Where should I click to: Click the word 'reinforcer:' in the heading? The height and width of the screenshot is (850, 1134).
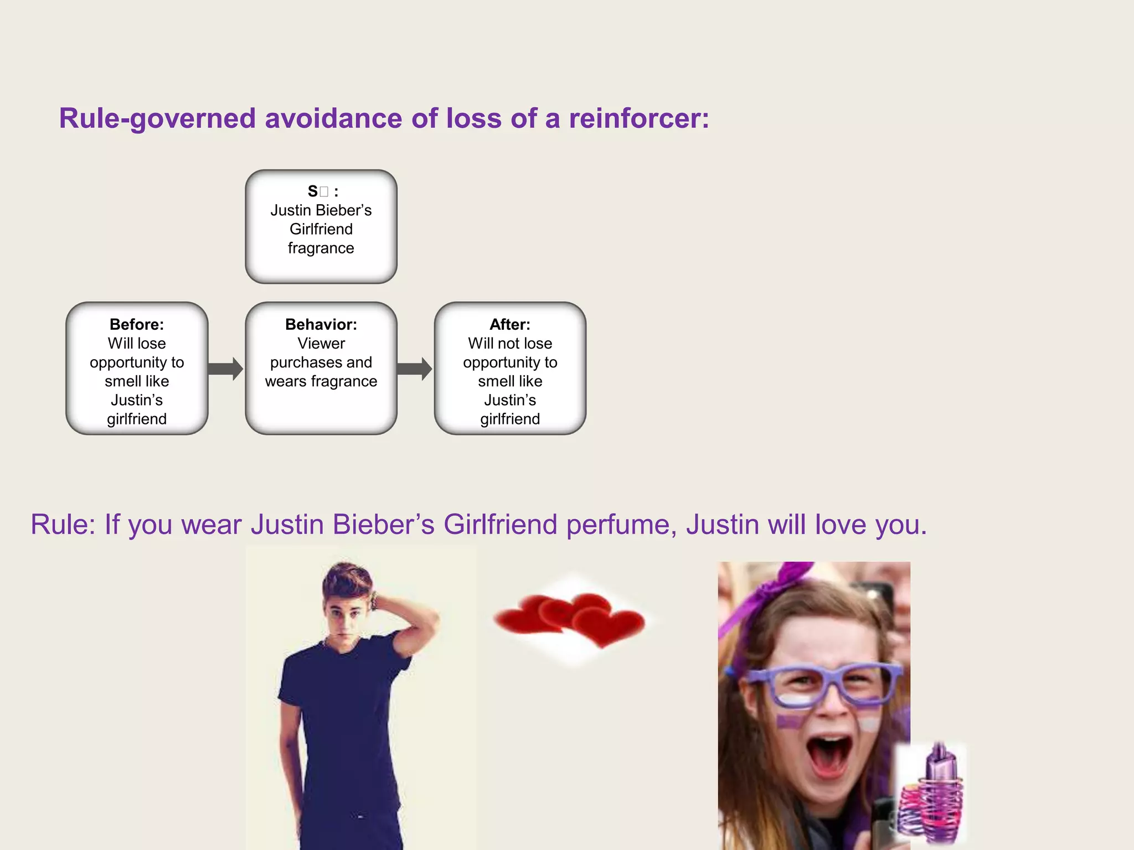(638, 118)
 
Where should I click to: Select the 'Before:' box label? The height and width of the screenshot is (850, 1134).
(137, 324)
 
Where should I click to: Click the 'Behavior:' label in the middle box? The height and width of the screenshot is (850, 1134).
(321, 324)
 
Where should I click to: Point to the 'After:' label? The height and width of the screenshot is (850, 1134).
(510, 324)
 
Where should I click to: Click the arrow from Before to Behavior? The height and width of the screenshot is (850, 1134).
(225, 369)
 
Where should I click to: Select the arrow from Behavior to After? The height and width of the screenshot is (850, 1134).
(414, 369)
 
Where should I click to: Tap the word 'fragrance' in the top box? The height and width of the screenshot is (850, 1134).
(321, 248)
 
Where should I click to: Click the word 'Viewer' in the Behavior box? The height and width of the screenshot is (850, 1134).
(321, 344)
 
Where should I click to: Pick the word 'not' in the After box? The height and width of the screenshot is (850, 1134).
(509, 344)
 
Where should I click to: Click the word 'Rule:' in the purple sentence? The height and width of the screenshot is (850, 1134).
(63, 525)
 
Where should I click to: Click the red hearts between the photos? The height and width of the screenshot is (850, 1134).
(570, 620)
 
